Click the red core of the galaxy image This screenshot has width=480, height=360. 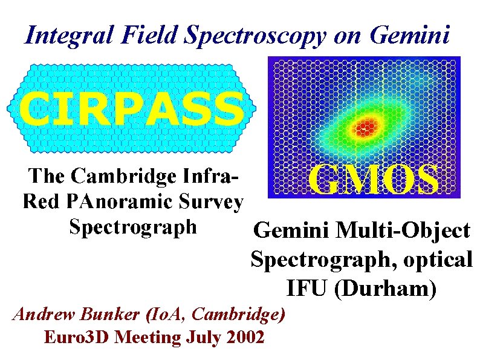[x=364, y=127]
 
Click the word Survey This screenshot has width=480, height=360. [x=215, y=202]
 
